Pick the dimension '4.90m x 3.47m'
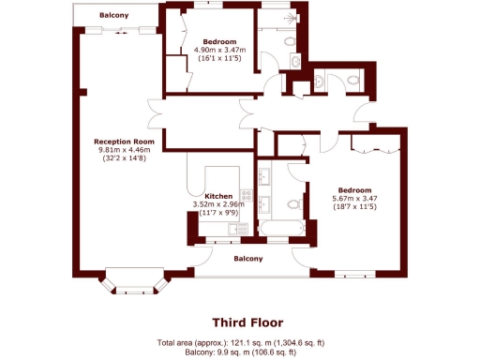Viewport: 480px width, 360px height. pos(219,50)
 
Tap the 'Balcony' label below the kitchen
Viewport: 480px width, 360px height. pos(247,259)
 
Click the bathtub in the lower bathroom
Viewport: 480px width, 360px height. pos(280,229)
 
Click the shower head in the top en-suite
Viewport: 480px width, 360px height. pos(297,18)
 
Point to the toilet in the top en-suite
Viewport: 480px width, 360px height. pos(292,43)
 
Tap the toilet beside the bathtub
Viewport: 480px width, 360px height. pos(295,203)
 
